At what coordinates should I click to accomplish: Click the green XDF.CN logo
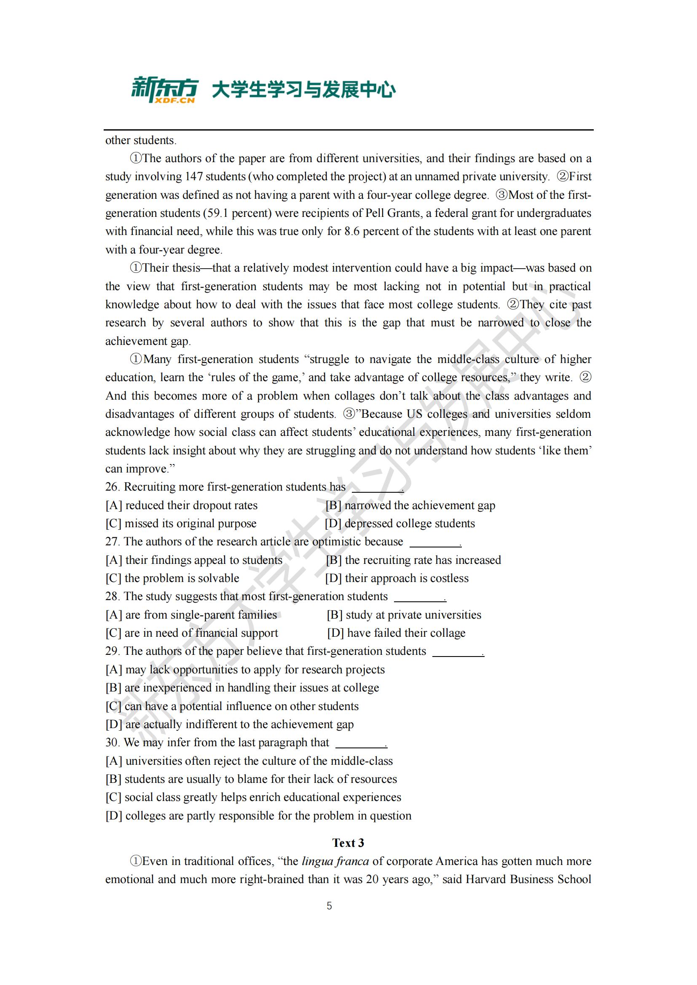[x=165, y=90]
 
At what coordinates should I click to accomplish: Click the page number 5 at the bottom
[x=329, y=906]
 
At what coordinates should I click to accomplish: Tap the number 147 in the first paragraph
[x=194, y=177]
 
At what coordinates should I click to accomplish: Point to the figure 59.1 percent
[x=237, y=213]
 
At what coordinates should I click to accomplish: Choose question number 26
[x=112, y=487]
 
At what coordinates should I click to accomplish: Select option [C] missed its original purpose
[x=181, y=523]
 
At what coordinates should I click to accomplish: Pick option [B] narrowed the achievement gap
[x=410, y=505]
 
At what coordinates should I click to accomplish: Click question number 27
[x=112, y=542]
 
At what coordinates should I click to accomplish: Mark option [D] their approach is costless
[x=397, y=578]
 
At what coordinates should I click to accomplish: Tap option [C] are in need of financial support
[x=192, y=633]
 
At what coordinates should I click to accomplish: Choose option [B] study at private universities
[x=404, y=615]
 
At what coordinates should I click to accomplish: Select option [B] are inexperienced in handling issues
[x=242, y=688]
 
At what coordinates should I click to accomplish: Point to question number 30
[x=112, y=742]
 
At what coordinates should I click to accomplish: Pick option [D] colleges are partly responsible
[x=258, y=816]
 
